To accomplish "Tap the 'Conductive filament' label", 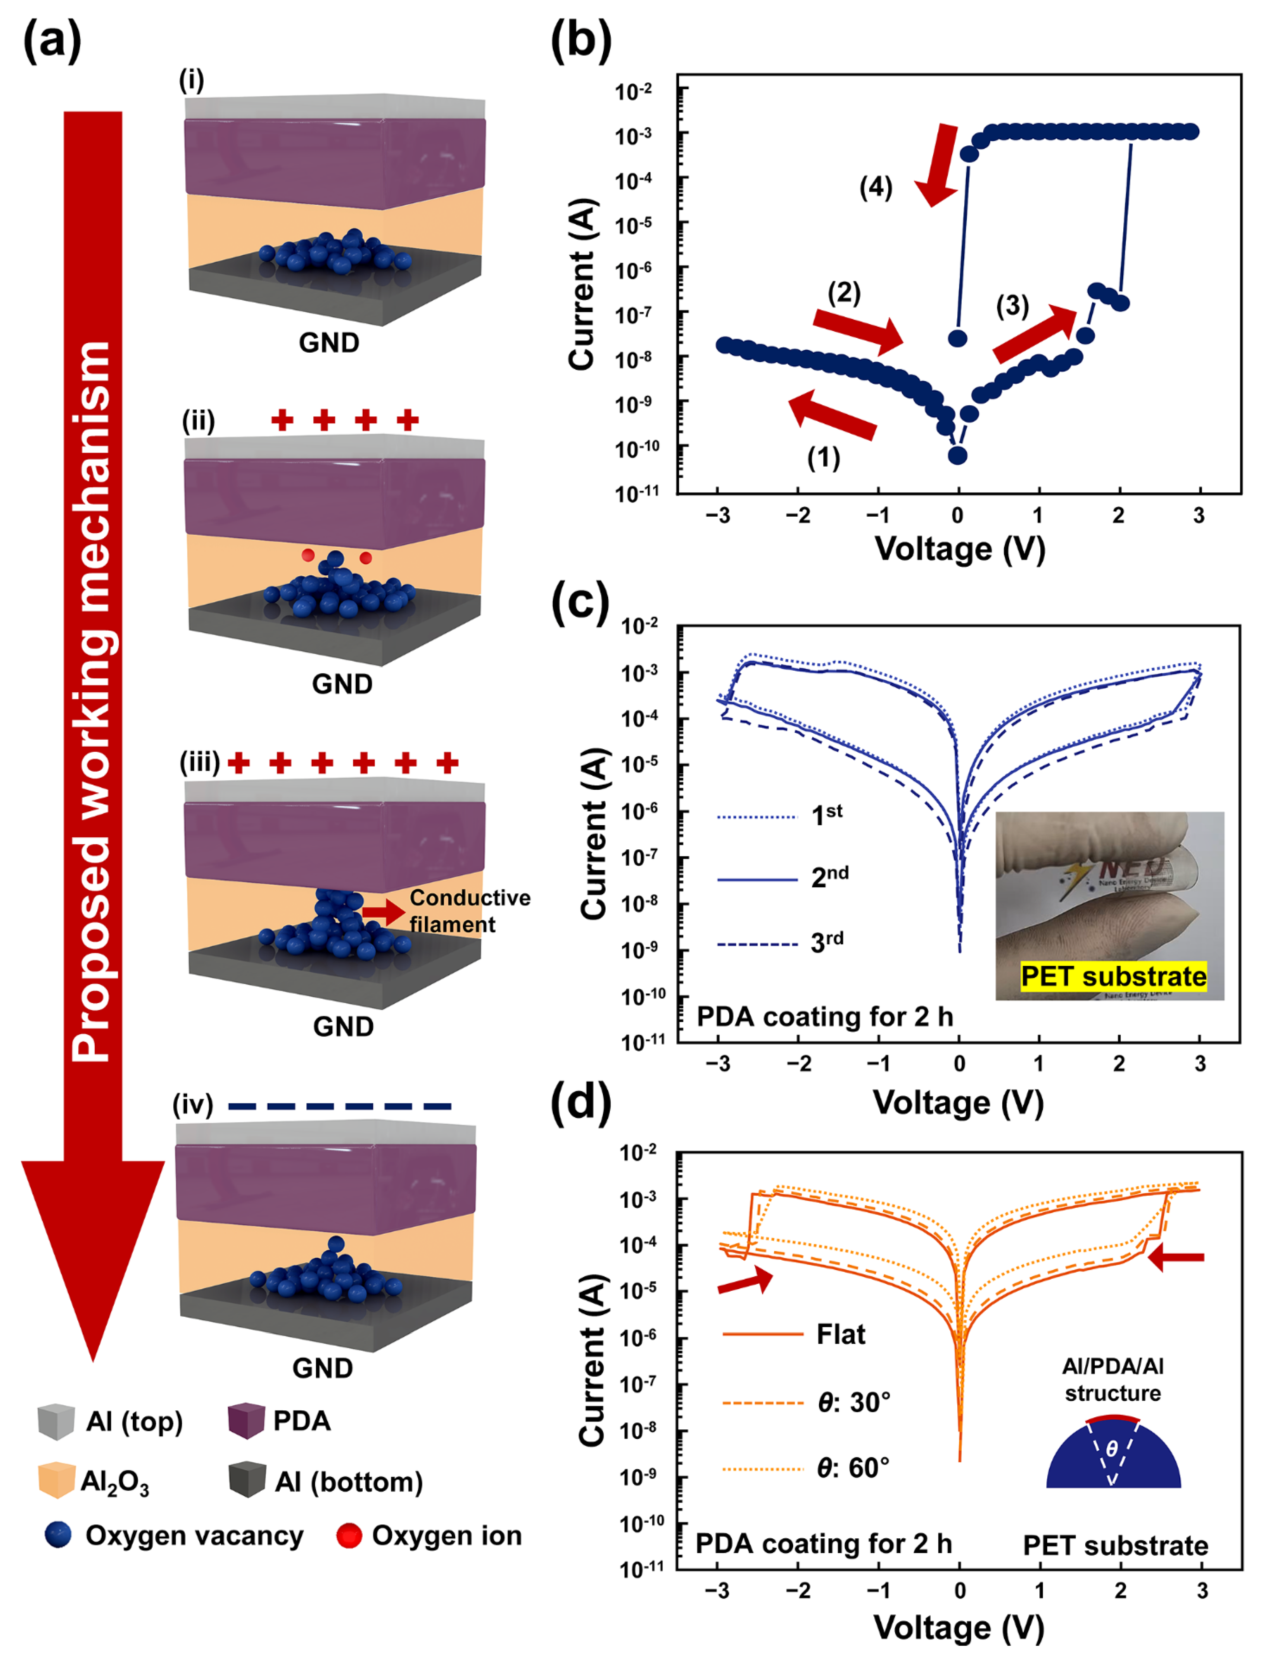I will tap(469, 910).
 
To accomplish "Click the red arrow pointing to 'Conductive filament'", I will tap(384, 912).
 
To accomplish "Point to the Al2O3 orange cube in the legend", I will tap(56, 1480).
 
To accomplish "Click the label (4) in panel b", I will tap(876, 187).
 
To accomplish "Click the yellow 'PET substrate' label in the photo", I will tap(1114, 976).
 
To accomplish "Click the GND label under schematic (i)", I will tap(329, 343).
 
